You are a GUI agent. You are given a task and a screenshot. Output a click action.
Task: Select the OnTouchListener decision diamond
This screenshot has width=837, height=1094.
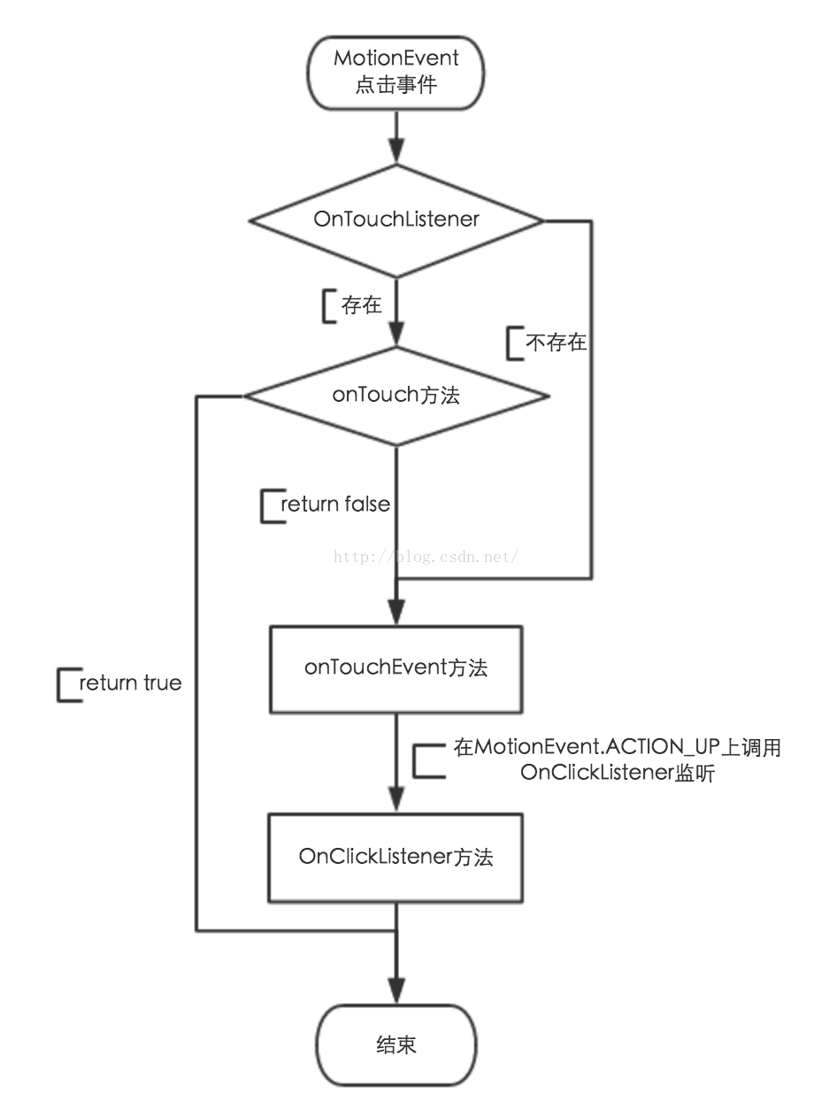(396, 220)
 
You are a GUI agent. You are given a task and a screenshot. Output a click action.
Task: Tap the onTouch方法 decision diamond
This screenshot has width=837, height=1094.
(396, 395)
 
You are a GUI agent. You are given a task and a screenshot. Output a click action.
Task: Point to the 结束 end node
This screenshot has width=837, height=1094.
(396, 1044)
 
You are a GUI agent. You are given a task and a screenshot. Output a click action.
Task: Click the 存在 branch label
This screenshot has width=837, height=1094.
(361, 306)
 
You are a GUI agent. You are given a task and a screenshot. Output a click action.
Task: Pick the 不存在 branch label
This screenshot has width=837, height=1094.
(557, 343)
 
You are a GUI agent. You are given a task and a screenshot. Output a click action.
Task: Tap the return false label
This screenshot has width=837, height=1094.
(335, 505)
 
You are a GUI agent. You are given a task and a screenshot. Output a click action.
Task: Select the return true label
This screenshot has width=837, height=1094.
(130, 682)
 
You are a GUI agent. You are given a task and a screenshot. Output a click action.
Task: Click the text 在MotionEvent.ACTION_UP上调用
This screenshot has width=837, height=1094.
(618, 748)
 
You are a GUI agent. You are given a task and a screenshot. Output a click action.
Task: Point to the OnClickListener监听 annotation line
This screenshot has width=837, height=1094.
(618, 773)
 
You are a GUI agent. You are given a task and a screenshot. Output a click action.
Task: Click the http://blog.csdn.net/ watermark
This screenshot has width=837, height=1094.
(425, 557)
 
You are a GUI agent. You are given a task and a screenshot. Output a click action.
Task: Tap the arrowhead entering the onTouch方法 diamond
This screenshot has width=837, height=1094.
(396, 335)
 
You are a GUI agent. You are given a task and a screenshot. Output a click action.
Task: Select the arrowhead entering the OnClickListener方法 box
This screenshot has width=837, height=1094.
(396, 804)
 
